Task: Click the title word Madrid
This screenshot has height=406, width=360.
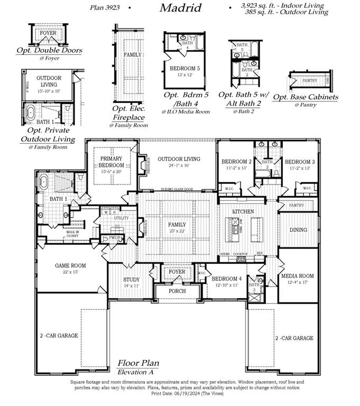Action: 180,8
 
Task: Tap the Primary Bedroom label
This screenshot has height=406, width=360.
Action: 111,161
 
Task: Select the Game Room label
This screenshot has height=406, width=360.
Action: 70,266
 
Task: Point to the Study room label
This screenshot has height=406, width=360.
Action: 131,279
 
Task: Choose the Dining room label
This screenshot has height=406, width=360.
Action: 298,230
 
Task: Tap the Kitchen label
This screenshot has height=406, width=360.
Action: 243,211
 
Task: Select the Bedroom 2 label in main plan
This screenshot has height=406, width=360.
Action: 236,162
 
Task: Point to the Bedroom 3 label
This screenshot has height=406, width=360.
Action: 300,162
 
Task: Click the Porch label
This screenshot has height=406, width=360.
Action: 177,291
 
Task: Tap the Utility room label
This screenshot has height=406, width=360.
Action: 121,218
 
